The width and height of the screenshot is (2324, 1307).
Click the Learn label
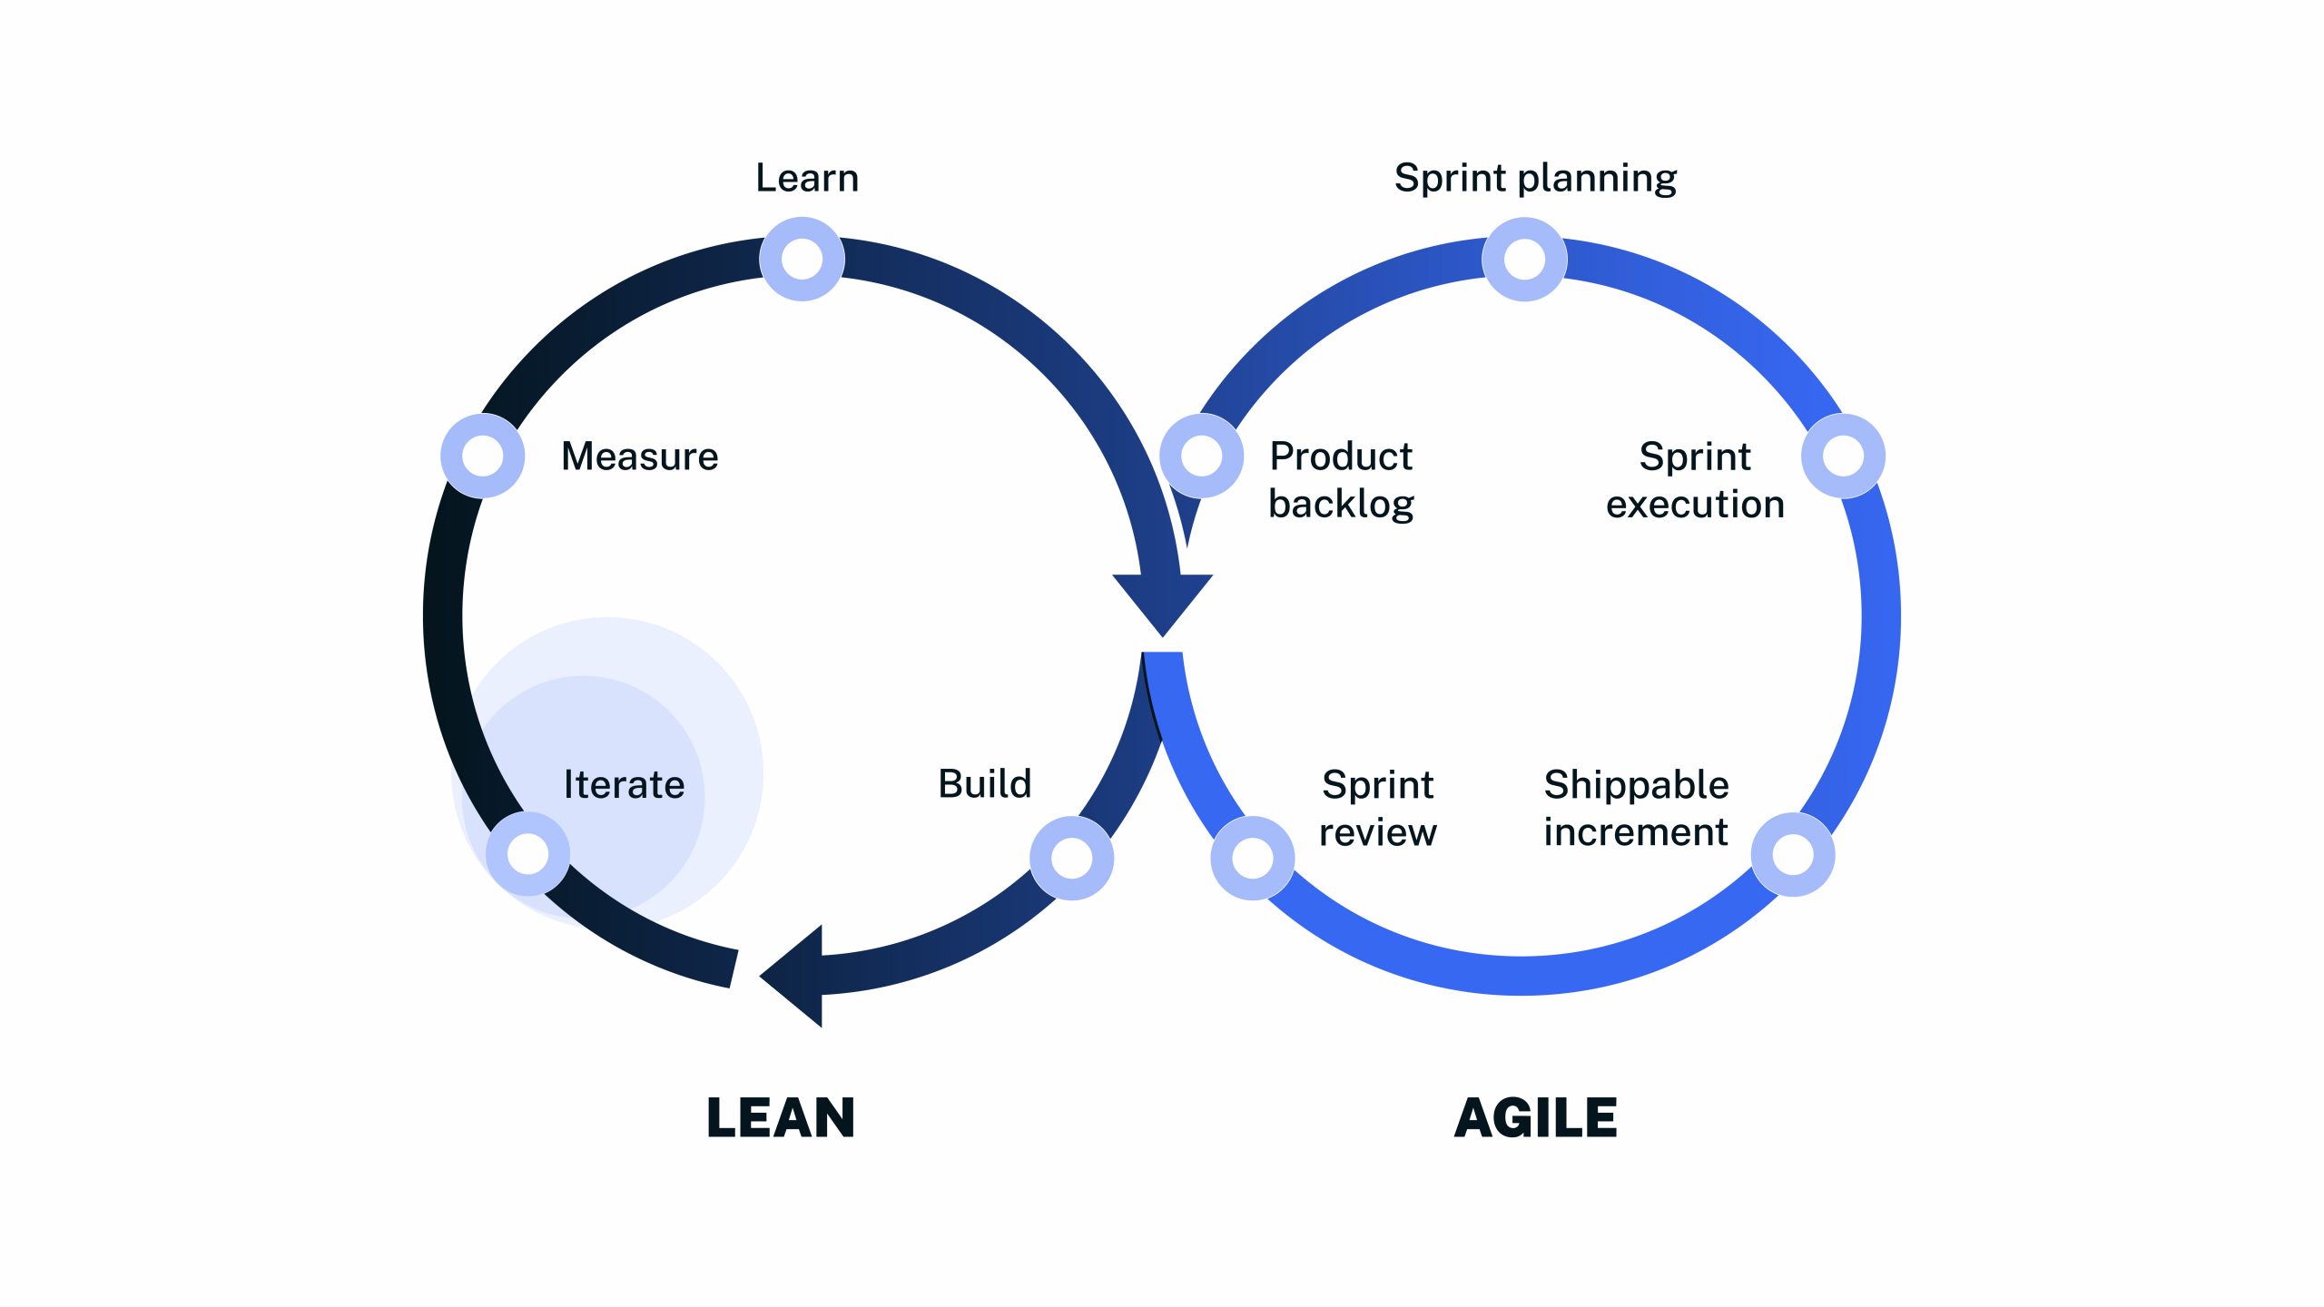(807, 178)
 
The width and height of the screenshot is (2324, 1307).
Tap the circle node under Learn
(802, 260)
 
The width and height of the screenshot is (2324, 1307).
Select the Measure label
(640, 456)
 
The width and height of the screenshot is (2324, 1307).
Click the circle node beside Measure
(483, 456)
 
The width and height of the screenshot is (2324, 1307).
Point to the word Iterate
(625, 784)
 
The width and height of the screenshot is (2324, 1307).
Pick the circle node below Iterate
(528, 854)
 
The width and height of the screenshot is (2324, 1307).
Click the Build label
(985, 783)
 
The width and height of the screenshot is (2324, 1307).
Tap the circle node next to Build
(1072, 859)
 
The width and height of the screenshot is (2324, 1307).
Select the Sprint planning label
(1535, 178)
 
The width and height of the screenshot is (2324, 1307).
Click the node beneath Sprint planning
(1524, 260)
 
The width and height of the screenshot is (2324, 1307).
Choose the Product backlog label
(1341, 480)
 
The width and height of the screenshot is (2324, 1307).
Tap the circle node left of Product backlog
(1202, 456)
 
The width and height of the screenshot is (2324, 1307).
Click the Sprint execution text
(1695, 480)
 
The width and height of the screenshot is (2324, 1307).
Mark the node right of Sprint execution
(1843, 456)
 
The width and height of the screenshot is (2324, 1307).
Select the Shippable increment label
(1636, 808)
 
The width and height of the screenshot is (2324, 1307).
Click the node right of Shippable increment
(1793, 855)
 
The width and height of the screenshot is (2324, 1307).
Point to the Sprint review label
(1378, 808)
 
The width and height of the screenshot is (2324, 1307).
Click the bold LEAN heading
(781, 1117)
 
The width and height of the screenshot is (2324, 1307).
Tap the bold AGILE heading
(1535, 1117)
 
